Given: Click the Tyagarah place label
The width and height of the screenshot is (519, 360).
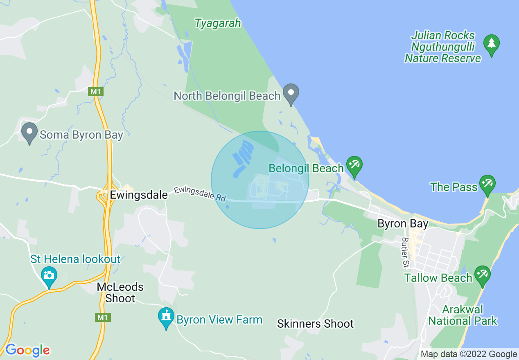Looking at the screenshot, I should coord(217,23).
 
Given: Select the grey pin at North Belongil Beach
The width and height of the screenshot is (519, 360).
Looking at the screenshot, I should coord(291,93).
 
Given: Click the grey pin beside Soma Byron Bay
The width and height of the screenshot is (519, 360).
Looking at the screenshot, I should coord(29,132).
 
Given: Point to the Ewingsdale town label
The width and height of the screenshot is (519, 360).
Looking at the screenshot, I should coord(139,195).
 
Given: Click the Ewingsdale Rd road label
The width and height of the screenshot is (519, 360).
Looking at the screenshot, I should coord(199,193).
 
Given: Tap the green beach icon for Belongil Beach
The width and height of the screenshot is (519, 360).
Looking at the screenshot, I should coord(354,165).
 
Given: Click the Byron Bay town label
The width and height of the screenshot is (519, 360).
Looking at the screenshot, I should coord(403,224).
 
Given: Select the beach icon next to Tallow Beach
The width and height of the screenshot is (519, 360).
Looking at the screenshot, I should coord(482,274).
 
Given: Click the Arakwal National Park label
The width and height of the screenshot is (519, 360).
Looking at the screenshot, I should coord(463,315).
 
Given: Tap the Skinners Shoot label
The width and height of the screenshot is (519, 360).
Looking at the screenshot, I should coord(315,324).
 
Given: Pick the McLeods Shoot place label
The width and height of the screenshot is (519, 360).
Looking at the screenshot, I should coord(120,292).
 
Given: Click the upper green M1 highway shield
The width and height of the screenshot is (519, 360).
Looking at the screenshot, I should coord(95,92).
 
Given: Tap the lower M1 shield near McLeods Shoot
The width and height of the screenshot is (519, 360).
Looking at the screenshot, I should coord(102,317).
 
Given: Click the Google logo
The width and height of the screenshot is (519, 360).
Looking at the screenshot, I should coord(27,350).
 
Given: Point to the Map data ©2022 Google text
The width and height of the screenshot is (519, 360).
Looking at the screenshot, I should coord(469,354).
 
